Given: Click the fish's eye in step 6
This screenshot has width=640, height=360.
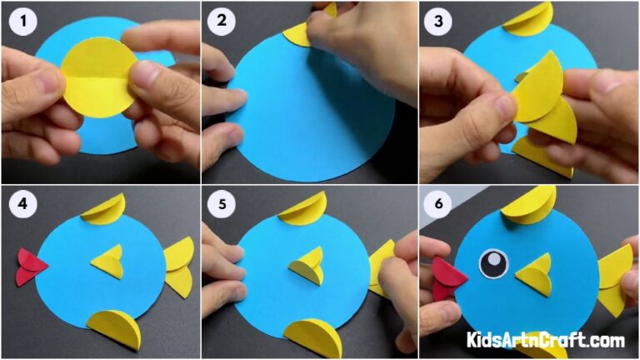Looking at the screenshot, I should [x=492, y=263].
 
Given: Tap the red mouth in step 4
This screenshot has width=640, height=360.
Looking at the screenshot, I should [x=31, y=266].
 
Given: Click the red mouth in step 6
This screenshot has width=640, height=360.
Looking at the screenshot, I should [x=448, y=277].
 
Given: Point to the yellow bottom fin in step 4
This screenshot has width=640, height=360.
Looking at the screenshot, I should [x=115, y=328].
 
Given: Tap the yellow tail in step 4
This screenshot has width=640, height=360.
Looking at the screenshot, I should [x=178, y=265].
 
